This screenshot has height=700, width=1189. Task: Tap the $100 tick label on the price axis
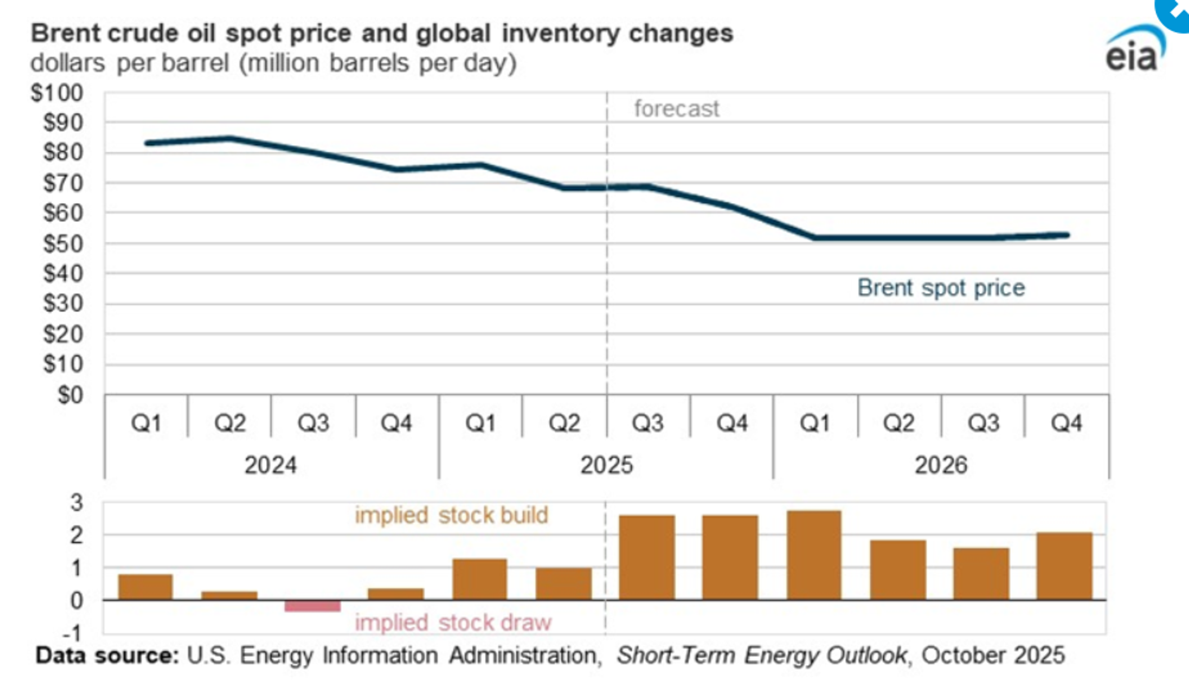[x=57, y=93]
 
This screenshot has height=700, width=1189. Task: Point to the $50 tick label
[x=63, y=244]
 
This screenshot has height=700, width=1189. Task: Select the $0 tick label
[x=70, y=395]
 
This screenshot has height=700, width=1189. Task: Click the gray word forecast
[x=676, y=109]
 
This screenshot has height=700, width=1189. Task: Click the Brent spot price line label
[x=941, y=288]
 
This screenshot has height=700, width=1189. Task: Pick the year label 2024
[x=270, y=465]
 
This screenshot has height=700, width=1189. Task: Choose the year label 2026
[x=941, y=465]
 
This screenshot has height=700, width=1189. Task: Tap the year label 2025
[x=606, y=465]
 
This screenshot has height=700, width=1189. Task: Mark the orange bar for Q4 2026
[x=1065, y=566]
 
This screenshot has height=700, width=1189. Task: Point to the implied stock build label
[x=451, y=515]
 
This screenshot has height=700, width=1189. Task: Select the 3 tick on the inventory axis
[x=77, y=503]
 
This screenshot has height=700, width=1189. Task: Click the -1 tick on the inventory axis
[x=73, y=633]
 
